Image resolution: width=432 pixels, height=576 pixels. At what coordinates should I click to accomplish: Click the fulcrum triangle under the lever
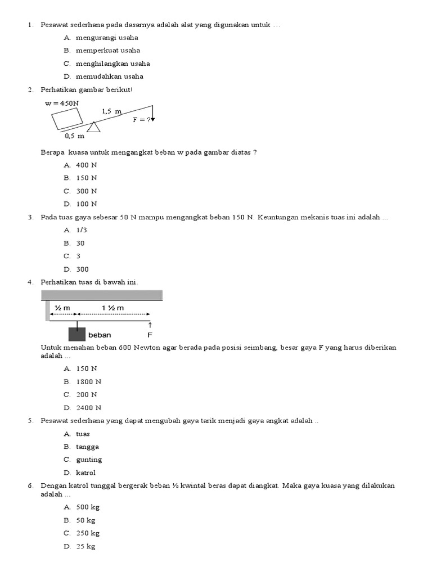coord(93,128)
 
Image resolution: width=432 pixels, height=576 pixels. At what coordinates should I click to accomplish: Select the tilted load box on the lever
coord(67,119)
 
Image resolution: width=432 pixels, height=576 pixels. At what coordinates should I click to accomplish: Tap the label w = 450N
coord(62,103)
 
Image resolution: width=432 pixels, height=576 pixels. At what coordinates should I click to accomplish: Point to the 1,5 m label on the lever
coord(111,111)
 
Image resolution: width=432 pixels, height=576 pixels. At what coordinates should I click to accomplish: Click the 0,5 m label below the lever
coord(74,136)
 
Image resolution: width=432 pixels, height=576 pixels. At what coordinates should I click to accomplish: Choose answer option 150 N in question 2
coord(87,178)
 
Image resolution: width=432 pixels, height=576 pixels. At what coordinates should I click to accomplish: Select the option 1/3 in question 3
coord(82,230)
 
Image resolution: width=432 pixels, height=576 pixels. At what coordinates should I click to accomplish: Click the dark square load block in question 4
coord(76,334)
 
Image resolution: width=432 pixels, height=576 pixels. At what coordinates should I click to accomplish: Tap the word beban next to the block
coord(100,335)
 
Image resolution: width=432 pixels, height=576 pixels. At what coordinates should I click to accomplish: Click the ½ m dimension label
coord(62,308)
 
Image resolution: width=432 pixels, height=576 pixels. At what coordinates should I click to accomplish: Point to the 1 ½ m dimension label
coord(112,308)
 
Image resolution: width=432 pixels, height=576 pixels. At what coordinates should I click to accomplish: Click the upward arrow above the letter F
coord(150,326)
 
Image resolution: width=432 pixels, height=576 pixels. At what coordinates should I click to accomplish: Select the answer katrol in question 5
coord(86,473)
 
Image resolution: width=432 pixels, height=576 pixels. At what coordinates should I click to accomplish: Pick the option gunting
coord(89,460)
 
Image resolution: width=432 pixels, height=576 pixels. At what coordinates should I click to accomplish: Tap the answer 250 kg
coord(88,533)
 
